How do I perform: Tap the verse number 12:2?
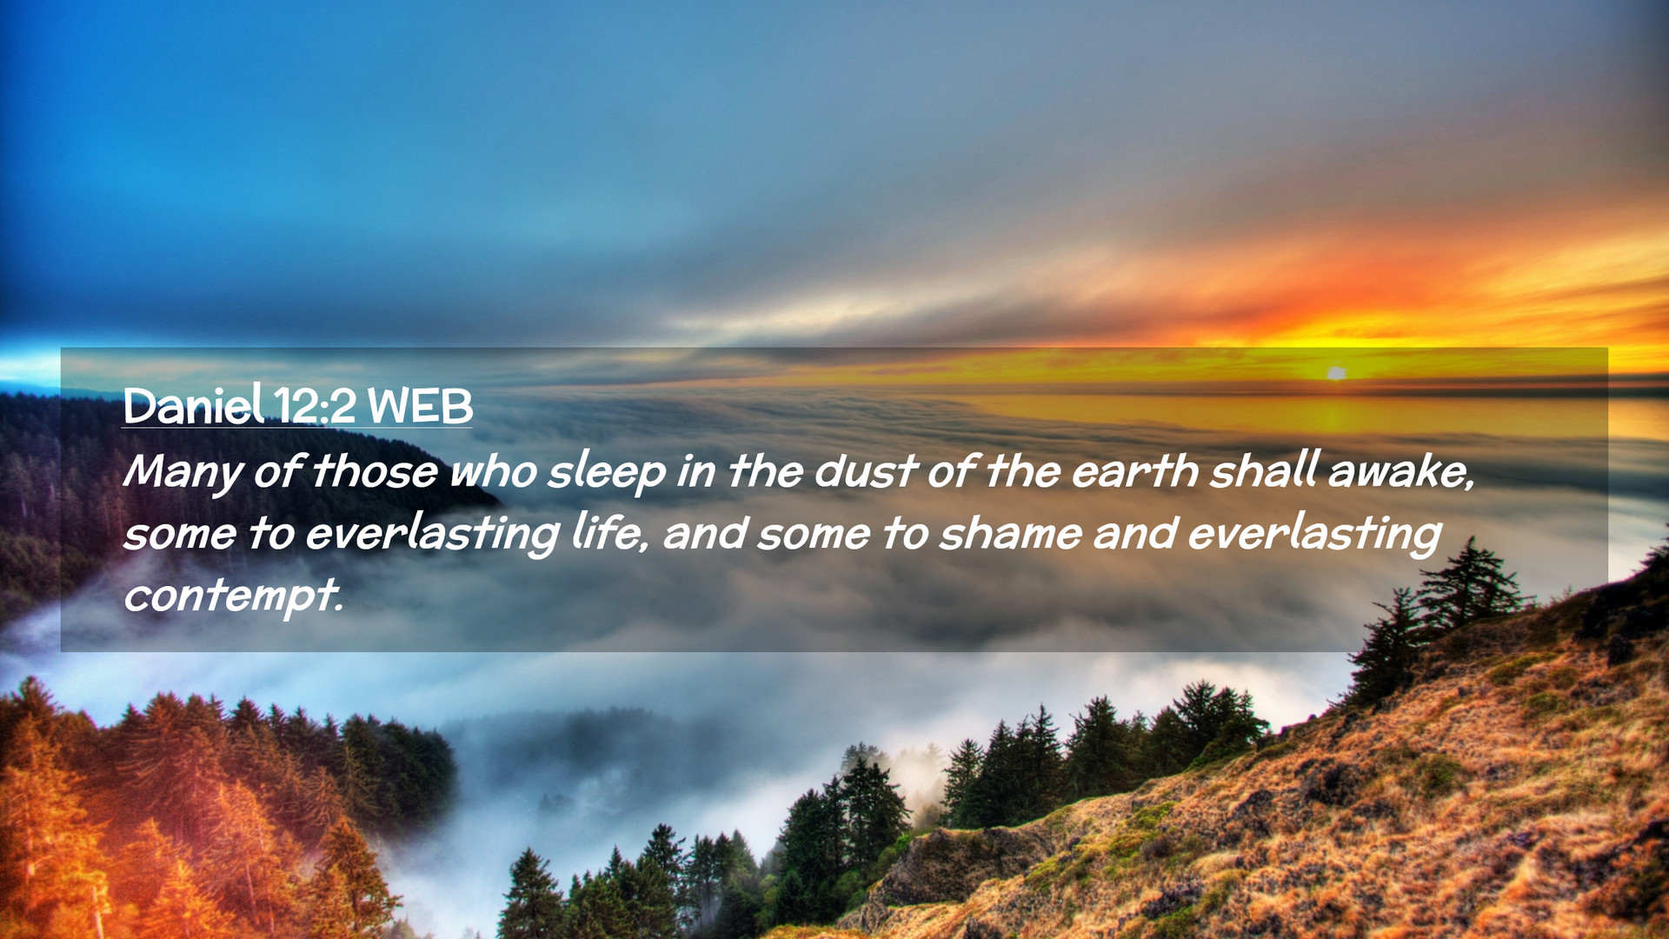tap(315, 406)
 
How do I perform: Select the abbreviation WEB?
tap(420, 406)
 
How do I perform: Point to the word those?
tap(375, 472)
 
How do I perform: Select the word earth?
tap(1134, 472)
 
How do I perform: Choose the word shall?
tap(1265, 471)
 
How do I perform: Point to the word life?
tap(609, 533)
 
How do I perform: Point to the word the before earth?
tap(1022, 472)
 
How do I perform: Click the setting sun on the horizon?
tap(1336, 373)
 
